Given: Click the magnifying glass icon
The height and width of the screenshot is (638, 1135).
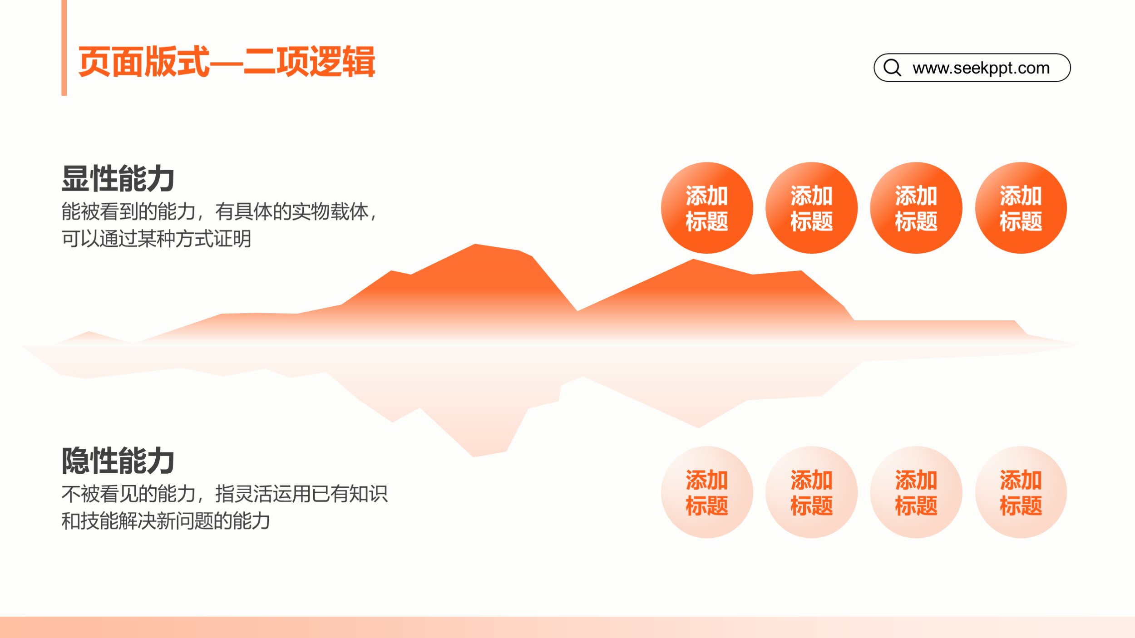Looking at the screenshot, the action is pyautogui.click(x=892, y=68).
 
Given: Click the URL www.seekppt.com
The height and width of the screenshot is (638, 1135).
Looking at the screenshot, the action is pyautogui.click(x=981, y=68).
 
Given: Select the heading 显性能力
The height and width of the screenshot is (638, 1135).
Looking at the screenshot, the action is pyautogui.click(x=118, y=179).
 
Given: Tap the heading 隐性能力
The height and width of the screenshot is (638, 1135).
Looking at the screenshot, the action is pyautogui.click(x=118, y=461).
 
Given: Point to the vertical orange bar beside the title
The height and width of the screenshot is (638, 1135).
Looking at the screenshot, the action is pyautogui.click(x=64, y=48).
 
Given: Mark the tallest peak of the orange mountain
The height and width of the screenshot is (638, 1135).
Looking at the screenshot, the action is pyautogui.click(x=475, y=245).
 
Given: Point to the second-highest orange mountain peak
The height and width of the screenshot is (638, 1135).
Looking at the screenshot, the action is pyautogui.click(x=693, y=260).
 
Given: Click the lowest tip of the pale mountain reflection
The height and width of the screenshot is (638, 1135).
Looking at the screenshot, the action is pyautogui.click(x=474, y=456).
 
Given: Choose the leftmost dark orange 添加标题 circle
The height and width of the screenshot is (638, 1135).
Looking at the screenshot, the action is pyautogui.click(x=707, y=208).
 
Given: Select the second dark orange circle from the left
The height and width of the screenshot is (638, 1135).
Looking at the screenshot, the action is pyautogui.click(x=811, y=208).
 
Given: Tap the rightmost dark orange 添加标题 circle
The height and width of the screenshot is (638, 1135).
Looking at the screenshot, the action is pyautogui.click(x=1021, y=208).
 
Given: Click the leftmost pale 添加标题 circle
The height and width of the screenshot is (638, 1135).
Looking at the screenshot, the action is pyautogui.click(x=707, y=492).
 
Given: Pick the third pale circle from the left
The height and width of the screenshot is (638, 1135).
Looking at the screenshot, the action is pyautogui.click(x=916, y=492).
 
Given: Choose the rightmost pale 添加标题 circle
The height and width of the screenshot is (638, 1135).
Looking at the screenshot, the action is pyautogui.click(x=1021, y=492).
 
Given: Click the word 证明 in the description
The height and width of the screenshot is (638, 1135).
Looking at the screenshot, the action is pyautogui.click(x=232, y=239).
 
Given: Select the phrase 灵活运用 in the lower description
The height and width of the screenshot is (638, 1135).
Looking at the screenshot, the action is pyautogui.click(x=272, y=494).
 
